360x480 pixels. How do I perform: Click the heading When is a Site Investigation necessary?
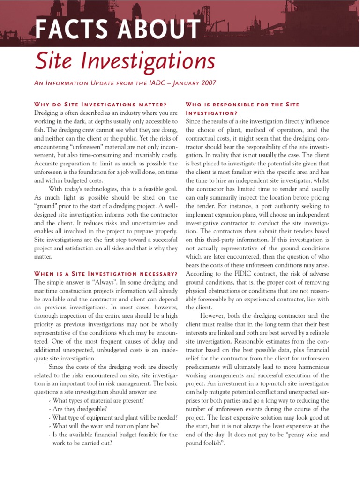coord(106,273)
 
